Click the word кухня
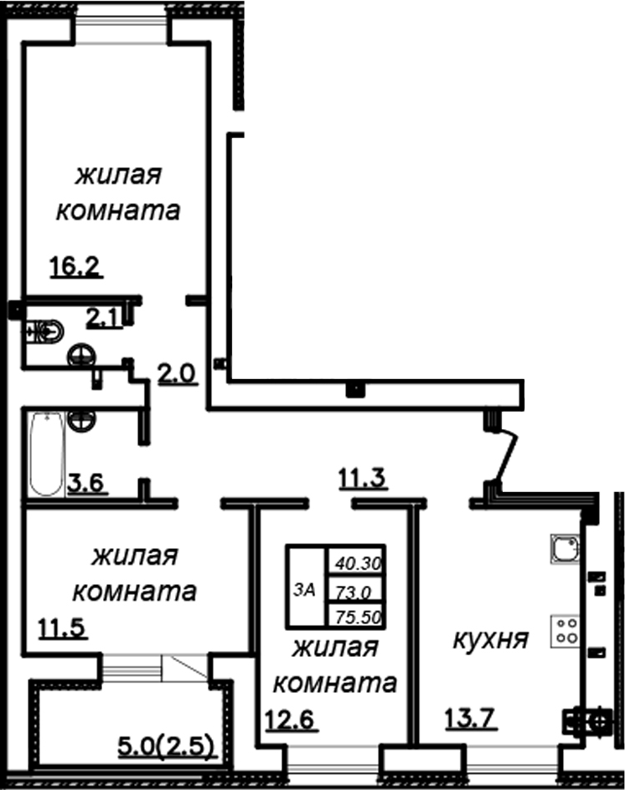[490, 640]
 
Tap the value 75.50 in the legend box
[359, 615]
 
